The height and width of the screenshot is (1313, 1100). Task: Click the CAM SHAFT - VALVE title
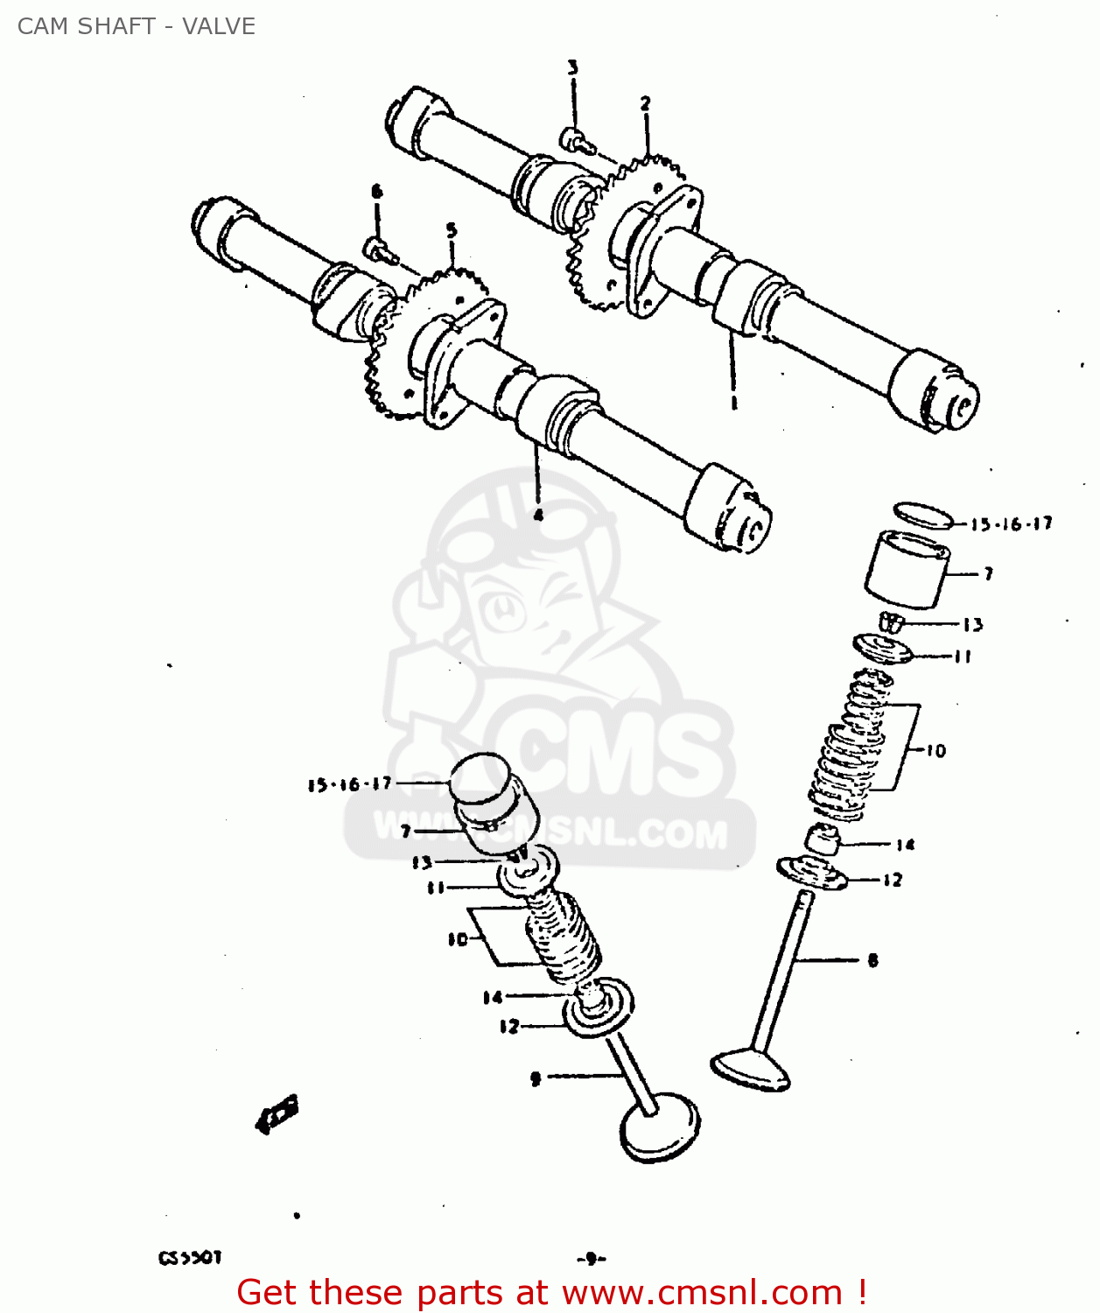137,26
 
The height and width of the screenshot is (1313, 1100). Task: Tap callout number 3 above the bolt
572,68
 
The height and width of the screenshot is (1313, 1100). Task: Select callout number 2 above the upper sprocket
645,103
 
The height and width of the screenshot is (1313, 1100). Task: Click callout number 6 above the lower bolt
376,191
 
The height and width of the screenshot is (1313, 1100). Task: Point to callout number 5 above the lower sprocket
452,230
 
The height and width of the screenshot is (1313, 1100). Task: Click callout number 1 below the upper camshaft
733,404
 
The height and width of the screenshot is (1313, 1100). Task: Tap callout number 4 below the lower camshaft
538,515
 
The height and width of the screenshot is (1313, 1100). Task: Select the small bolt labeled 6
379,250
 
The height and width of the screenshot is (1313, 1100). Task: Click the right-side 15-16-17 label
1011,524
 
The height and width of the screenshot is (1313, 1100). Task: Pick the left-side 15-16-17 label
349,784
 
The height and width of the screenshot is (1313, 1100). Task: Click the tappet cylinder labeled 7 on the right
907,572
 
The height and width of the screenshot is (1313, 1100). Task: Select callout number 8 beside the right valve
872,960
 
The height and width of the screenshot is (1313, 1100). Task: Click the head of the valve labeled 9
660,1128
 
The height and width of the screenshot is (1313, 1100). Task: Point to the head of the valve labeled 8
752,1070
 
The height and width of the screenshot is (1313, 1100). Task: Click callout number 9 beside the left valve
536,1078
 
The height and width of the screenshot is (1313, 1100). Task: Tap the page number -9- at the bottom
592,1259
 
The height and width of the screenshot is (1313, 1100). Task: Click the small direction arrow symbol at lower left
277,1113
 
